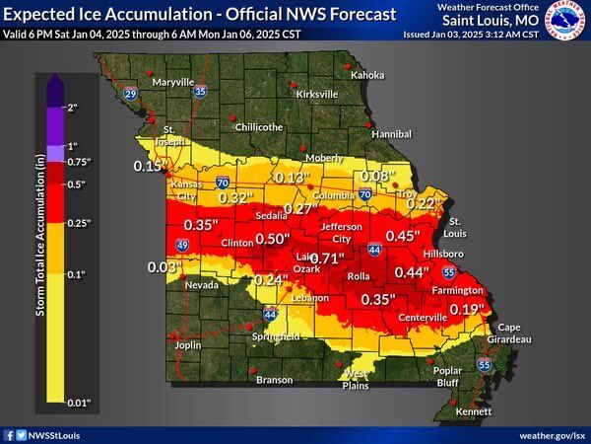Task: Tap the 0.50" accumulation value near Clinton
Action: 273,239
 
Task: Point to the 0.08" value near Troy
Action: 376,177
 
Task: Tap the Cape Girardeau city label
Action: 513,333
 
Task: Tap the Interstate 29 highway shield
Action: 131,94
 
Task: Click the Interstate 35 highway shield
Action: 200,91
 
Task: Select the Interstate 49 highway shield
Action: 154,244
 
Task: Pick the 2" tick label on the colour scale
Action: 71,106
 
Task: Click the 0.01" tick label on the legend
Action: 77,403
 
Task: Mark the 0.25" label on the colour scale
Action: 77,223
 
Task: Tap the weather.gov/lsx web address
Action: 552,434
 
